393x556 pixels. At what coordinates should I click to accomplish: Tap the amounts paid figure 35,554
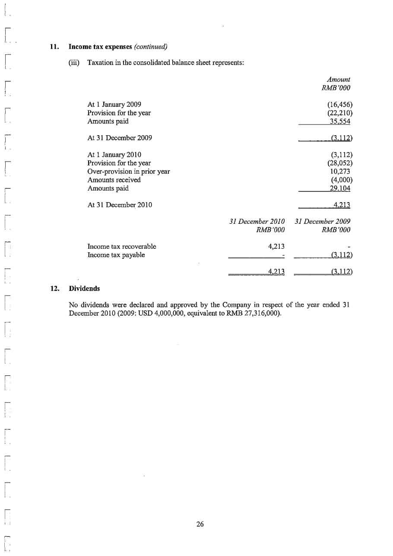(340, 121)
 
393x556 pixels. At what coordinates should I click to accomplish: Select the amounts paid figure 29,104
(340, 188)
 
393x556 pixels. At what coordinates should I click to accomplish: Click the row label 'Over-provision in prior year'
(128, 172)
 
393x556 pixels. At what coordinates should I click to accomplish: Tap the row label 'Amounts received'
(114, 180)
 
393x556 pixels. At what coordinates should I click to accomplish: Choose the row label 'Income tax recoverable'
(122, 247)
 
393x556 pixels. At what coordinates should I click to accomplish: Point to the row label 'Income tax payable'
(116, 255)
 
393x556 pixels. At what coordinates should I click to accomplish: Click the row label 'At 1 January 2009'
(114, 105)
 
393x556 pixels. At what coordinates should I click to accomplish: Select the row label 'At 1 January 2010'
(114, 155)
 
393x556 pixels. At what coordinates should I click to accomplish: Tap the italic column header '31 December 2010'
(257, 222)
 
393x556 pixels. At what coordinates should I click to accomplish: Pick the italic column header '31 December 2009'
(322, 222)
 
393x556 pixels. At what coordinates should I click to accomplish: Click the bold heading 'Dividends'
(85, 288)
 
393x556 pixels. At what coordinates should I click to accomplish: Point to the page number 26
(200, 524)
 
